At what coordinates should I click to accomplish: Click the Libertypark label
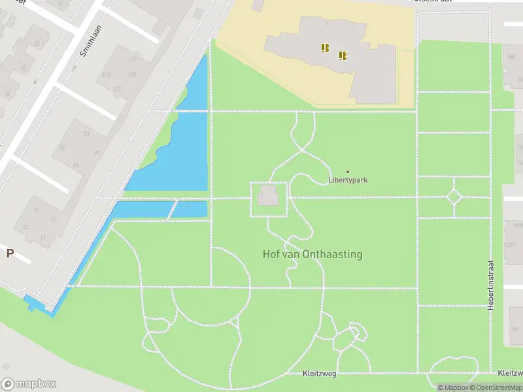pyautogui.click(x=347, y=180)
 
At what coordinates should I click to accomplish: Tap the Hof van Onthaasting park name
pyautogui.click(x=312, y=254)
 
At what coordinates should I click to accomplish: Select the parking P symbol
pyautogui.click(x=10, y=253)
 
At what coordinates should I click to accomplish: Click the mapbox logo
pyautogui.click(x=29, y=384)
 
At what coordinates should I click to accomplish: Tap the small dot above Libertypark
pyautogui.click(x=347, y=172)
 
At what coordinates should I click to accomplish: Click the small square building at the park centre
pyautogui.click(x=269, y=197)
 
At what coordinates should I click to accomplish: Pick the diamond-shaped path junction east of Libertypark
pyautogui.click(x=454, y=197)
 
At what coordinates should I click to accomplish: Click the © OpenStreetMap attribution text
pyautogui.click(x=497, y=387)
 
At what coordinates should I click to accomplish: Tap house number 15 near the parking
pyautogui.click(x=36, y=210)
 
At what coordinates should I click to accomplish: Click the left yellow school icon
pyautogui.click(x=324, y=47)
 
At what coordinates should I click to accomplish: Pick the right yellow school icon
pyautogui.click(x=342, y=56)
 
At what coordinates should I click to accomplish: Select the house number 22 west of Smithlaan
pyautogui.click(x=37, y=44)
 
